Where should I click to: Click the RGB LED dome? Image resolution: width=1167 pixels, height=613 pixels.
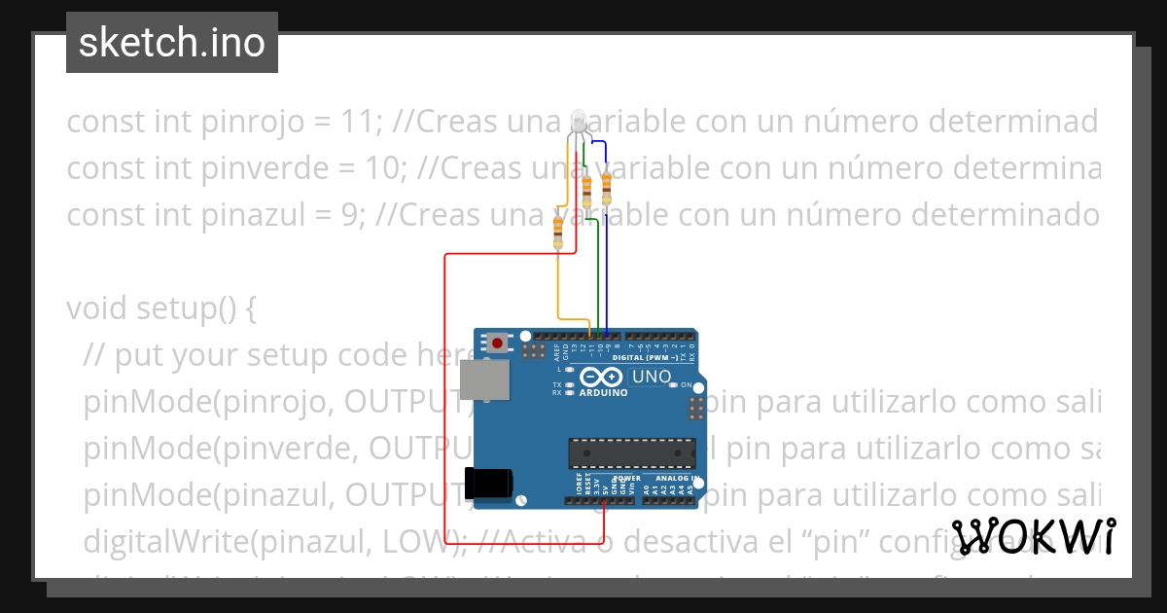click(580, 121)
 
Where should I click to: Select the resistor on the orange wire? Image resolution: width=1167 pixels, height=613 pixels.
click(557, 231)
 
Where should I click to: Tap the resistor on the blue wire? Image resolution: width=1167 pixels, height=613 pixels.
click(607, 185)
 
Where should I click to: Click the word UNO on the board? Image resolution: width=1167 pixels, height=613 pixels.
click(652, 377)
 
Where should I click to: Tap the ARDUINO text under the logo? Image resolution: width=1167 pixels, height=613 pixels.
click(603, 393)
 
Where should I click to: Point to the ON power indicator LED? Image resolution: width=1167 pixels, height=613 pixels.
click(674, 385)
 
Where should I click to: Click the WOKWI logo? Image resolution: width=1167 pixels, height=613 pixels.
click(1034, 536)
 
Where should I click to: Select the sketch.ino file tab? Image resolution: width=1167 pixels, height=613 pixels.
click(172, 43)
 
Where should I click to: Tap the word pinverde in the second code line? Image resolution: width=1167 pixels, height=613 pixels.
click(245, 168)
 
